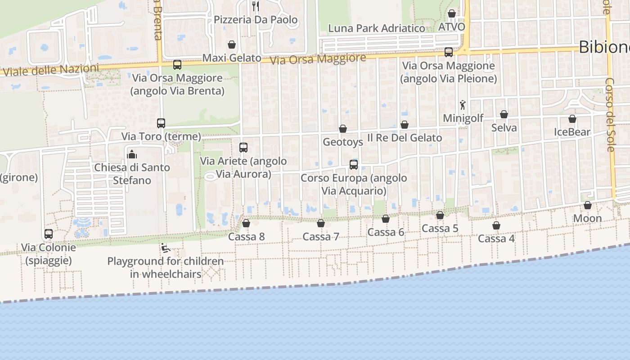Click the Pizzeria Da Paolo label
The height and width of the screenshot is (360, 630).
coord(256,20)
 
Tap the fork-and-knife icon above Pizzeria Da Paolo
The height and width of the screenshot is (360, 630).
coord(256,6)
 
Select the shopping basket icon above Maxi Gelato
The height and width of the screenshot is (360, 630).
coord(232,45)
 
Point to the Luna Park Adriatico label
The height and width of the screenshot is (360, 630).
coord(377,28)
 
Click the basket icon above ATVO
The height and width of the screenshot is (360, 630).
coord(452,14)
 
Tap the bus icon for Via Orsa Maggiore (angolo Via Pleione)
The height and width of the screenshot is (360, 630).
coord(449,52)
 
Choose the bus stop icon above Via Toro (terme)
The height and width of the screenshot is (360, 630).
coord(161,123)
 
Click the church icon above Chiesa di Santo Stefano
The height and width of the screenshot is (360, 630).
coord(132,154)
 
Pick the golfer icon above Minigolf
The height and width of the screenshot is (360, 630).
coord(463,105)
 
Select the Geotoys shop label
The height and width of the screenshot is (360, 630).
coord(343,142)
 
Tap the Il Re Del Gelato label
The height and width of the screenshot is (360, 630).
coord(405,138)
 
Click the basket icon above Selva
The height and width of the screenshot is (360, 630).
coord(504,115)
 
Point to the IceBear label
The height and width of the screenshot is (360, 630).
coord(572,132)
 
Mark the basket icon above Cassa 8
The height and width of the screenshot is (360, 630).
coord(246,223)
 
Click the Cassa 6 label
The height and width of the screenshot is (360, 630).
coord(386,232)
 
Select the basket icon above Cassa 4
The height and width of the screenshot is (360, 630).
coord(496,225)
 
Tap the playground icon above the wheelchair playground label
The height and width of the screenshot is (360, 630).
coord(165,248)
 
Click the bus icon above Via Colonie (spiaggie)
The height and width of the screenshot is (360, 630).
coord(49,234)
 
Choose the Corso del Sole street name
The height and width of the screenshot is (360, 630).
coord(610,115)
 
